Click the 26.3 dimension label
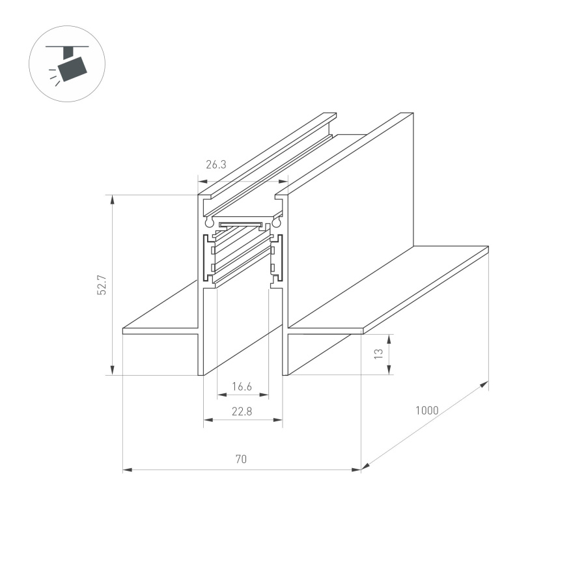pos(216,165)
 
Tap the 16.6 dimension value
pos(242,387)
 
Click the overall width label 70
pos(241,459)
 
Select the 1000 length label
pos(426,411)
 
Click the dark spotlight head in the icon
pos(72,67)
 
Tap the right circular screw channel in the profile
pos(276,222)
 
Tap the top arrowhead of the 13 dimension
pos(389,338)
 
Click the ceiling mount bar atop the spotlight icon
pos(66,47)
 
